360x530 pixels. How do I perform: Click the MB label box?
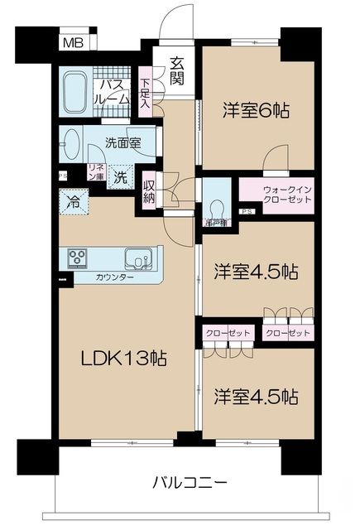pyautogui.click(x=74, y=43)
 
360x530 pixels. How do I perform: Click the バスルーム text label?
pyautogui.click(x=113, y=92)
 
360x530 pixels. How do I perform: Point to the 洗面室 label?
pyautogui.click(x=122, y=142)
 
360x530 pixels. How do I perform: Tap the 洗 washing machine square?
pyautogui.click(x=121, y=176)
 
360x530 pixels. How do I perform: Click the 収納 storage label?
pyautogui.click(x=149, y=191)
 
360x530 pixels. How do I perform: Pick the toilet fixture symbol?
pyautogui.click(x=218, y=207)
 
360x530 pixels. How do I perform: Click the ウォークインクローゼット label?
pyautogui.click(x=276, y=195)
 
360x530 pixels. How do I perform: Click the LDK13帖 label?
pyautogui.click(x=123, y=358)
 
